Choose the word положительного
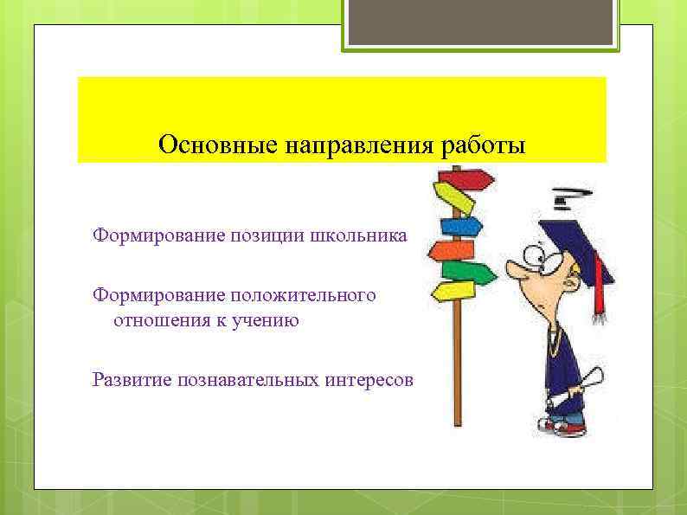(303, 296)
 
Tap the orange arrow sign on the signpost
(449, 250)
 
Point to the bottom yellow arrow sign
(453, 291)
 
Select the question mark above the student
(569, 197)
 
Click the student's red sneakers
(562, 426)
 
